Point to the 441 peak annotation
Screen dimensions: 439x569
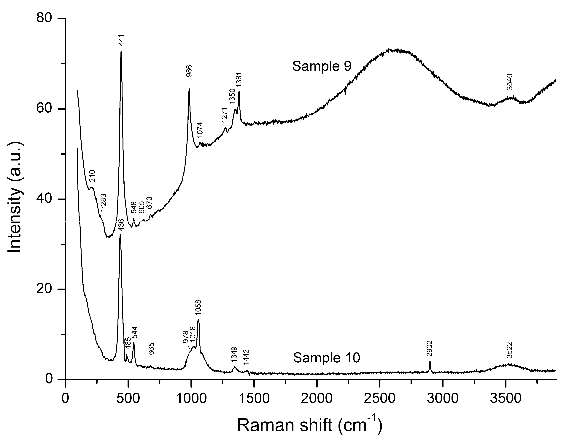coord(121,40)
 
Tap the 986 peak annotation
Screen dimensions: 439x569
coord(189,71)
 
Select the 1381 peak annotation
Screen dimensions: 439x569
coord(239,80)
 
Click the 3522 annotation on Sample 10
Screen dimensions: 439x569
coord(509,350)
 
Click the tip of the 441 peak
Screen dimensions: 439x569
coord(121,51)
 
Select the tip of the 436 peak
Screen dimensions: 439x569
coord(120,235)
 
